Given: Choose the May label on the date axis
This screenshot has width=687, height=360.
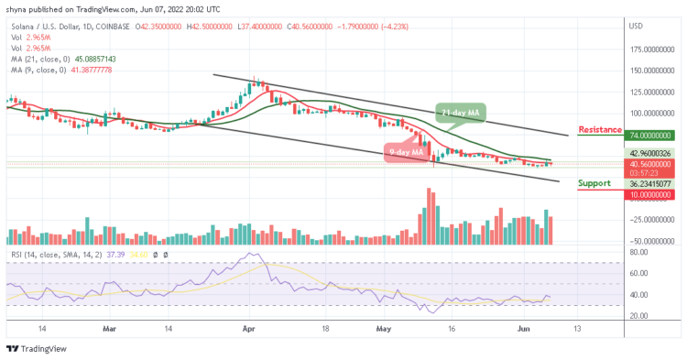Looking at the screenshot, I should [384, 326].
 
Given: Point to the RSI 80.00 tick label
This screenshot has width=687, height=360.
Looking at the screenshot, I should [639, 252].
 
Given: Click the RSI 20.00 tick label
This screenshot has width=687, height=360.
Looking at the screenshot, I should [639, 316].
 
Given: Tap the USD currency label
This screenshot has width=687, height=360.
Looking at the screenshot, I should [636, 25].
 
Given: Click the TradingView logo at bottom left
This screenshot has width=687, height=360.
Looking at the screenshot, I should [37, 348].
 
